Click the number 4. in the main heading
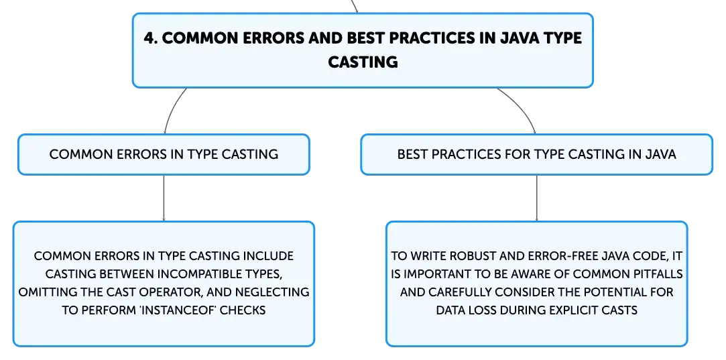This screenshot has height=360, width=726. pyautogui.click(x=150, y=38)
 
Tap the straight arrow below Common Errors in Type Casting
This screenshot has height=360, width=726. pyautogui.click(x=164, y=198)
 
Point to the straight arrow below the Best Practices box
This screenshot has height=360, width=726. pyautogui.click(x=537, y=198)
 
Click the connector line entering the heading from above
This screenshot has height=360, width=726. pyautogui.click(x=355, y=6)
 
